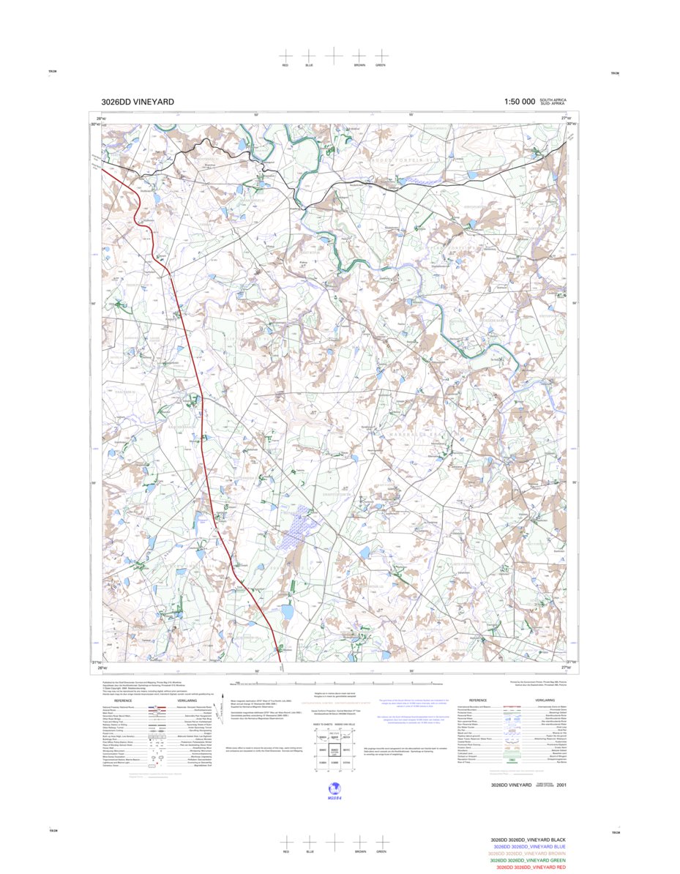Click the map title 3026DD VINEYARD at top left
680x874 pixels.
[138, 102]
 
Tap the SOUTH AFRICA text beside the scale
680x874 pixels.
[553, 100]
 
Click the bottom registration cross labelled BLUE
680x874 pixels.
[309, 843]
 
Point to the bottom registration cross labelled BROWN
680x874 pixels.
[359, 843]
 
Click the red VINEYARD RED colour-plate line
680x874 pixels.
[530, 867]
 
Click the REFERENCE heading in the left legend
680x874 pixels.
[122, 701]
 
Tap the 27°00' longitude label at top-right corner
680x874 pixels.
[566, 118]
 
